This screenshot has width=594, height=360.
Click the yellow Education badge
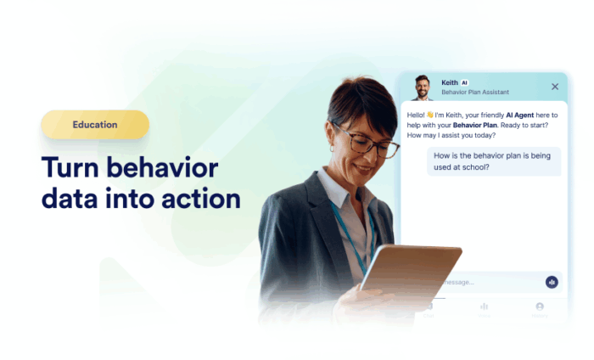point(95,125)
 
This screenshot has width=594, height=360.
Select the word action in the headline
point(198,199)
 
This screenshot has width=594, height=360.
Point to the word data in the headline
point(71,199)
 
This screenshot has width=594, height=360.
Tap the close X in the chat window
point(555,87)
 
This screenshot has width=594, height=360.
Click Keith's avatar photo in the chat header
point(421,87)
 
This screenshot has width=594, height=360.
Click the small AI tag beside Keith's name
point(464,82)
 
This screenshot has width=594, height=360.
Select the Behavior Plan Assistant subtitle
point(476,92)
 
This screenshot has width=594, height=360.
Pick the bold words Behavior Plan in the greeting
point(476,125)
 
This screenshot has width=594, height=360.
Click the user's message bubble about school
point(493,160)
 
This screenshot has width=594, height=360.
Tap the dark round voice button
point(552,282)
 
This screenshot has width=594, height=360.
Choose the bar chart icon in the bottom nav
point(484,307)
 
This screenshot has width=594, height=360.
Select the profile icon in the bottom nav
point(539,307)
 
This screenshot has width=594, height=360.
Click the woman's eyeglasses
point(372,143)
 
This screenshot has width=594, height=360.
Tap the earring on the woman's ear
point(332,148)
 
